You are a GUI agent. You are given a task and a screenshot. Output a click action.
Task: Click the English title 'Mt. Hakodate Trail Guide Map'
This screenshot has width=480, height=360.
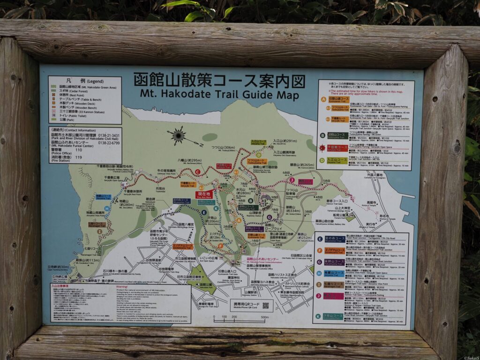tap(219, 95)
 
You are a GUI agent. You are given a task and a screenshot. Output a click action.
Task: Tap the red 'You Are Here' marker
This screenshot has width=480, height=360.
tap(204, 194)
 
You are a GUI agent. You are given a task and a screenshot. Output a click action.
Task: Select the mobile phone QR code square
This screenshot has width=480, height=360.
tap(265, 306)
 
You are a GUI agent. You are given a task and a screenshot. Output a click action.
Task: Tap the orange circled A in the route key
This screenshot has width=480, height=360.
tap(323, 99)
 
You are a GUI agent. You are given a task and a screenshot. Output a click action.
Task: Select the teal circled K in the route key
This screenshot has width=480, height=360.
tap(318, 316)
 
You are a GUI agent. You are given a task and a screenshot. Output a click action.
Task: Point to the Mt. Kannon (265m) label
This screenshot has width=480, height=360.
tap(302, 165)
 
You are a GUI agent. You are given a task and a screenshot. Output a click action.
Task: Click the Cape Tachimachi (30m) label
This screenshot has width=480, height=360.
tap(58, 267)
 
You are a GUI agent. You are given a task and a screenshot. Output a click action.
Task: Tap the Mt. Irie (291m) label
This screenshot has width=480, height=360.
tap(285, 141)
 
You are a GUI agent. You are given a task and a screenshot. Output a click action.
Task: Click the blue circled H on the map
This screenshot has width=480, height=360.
tap(107, 208)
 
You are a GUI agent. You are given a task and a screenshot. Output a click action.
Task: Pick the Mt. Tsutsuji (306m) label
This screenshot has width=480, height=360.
tap(223, 148)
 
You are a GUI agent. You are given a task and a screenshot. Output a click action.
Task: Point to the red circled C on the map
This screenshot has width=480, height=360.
tap(198, 172)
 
